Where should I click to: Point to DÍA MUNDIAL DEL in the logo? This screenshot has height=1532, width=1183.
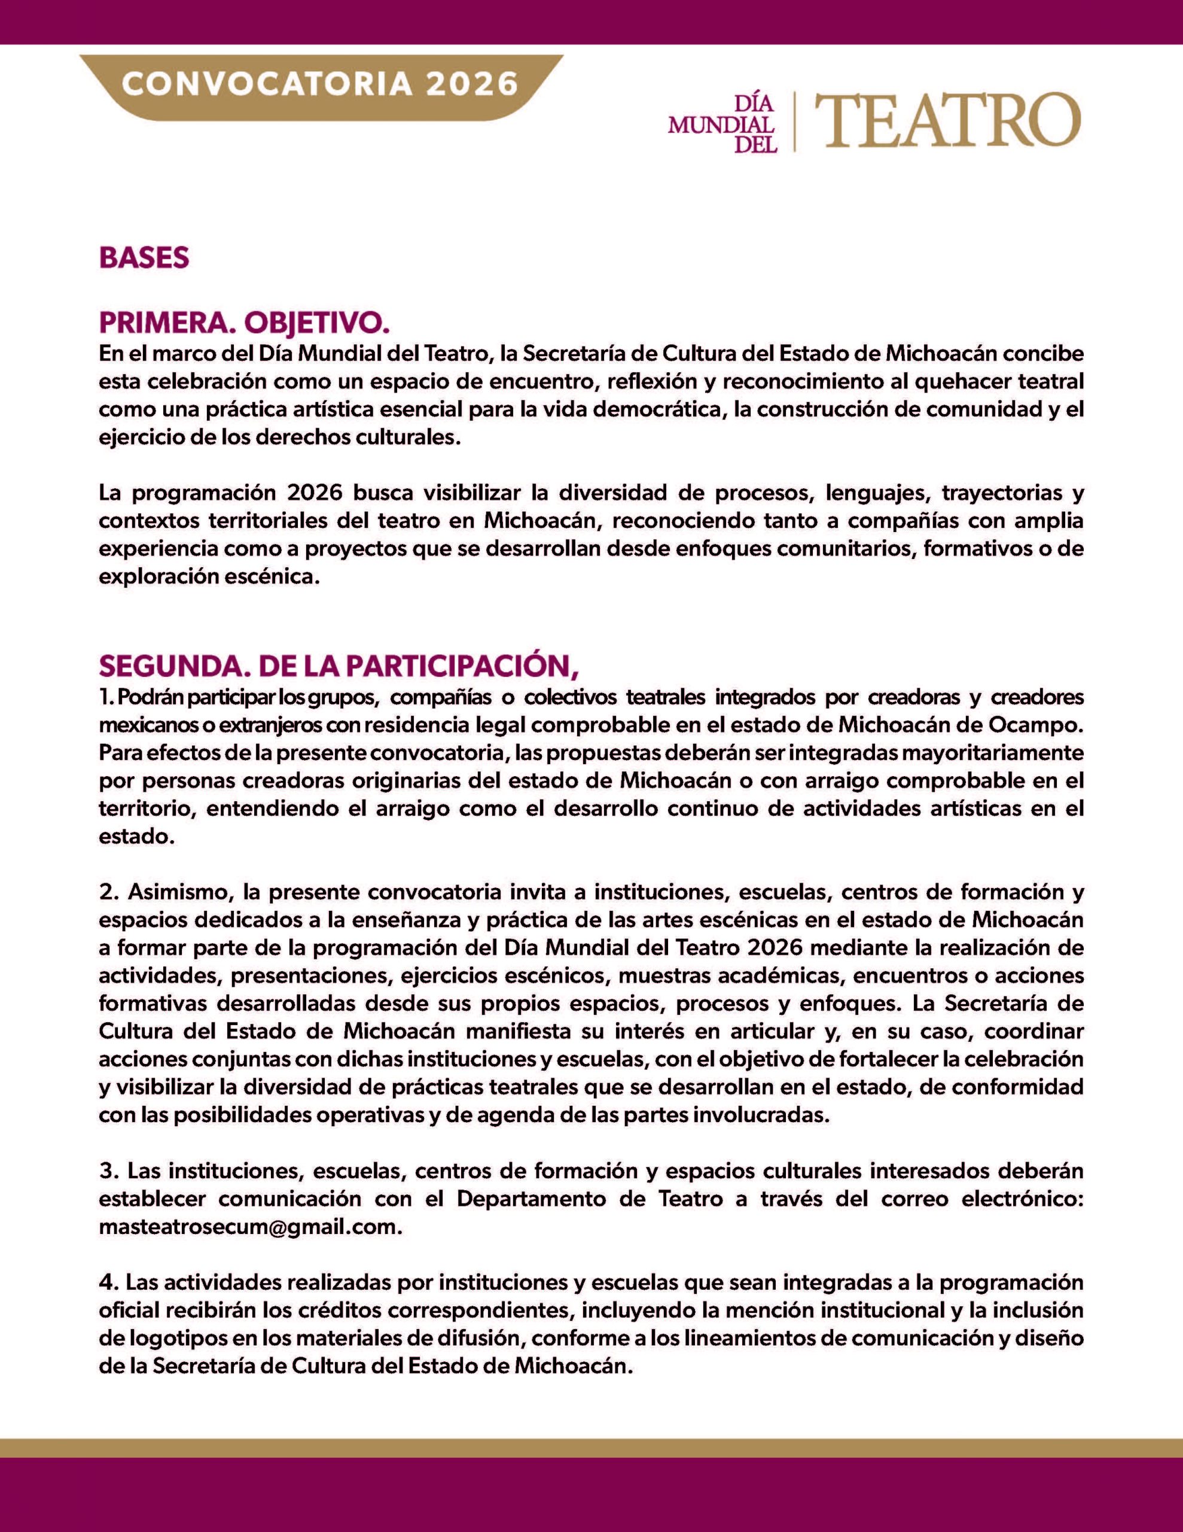[722, 124]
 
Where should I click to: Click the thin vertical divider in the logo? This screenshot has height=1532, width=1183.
[794, 121]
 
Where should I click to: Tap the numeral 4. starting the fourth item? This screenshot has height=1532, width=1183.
[106, 1282]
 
